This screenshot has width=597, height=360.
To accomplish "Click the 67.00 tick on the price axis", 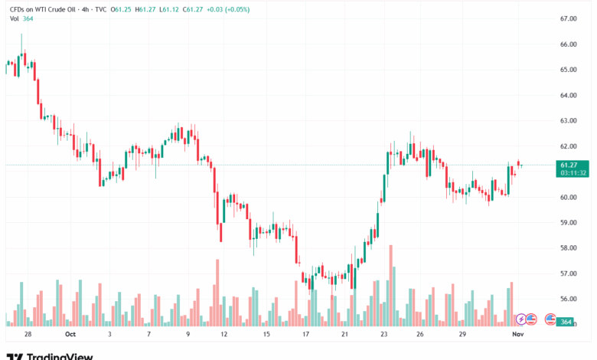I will [567, 18].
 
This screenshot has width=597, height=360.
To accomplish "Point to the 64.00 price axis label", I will [567, 95].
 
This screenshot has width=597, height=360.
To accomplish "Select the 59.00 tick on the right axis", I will [567, 223].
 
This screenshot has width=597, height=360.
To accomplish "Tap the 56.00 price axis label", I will [567, 299].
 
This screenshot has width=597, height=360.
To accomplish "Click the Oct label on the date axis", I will [70, 334].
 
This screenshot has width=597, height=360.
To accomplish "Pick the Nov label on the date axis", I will [517, 334].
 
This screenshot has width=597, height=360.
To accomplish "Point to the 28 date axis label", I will [28, 334].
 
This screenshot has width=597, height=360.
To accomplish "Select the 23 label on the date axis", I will [383, 334].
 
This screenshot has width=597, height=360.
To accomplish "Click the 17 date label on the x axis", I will [305, 334].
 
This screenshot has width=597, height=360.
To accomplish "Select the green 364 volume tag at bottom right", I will [567, 322].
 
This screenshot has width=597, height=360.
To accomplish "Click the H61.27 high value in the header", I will [147, 8].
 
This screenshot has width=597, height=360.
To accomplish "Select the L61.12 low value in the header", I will [175, 8].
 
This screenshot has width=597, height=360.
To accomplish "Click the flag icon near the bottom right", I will [550, 319].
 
